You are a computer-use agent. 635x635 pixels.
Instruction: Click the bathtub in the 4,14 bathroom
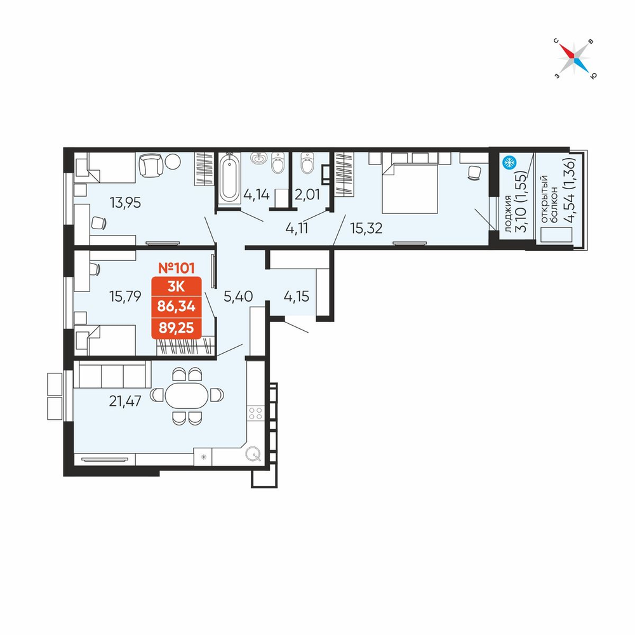(229, 179)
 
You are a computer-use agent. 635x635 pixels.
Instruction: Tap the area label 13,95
(126, 203)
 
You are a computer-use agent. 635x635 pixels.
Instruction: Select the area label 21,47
(125, 401)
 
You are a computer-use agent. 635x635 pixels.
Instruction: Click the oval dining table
(187, 395)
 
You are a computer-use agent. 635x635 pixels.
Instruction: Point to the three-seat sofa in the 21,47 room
(112, 374)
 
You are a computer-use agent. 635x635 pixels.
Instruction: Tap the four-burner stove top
(255, 413)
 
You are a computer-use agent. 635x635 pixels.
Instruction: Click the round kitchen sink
(253, 454)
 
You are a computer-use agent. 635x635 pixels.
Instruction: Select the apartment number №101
(176, 268)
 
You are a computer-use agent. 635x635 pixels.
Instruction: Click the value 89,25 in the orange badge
(176, 328)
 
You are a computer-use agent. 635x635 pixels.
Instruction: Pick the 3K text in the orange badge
(176, 286)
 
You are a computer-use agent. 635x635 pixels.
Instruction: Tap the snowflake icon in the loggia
(509, 163)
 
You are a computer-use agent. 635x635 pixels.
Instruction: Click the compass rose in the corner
(574, 58)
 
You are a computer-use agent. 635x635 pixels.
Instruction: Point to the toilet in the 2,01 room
(307, 163)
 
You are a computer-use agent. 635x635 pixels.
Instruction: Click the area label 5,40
(239, 297)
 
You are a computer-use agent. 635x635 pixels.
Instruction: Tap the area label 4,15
(297, 297)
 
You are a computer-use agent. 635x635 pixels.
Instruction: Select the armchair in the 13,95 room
(151, 165)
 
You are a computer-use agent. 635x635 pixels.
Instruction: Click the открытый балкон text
(549, 199)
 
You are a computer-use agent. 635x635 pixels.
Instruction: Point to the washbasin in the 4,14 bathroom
(258, 158)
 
